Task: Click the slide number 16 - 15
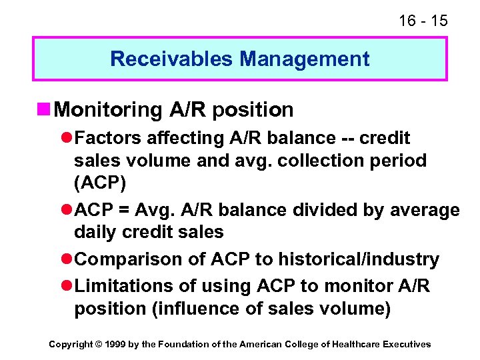pos(423,20)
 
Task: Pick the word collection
pos(331,161)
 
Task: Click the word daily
pos(94,233)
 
